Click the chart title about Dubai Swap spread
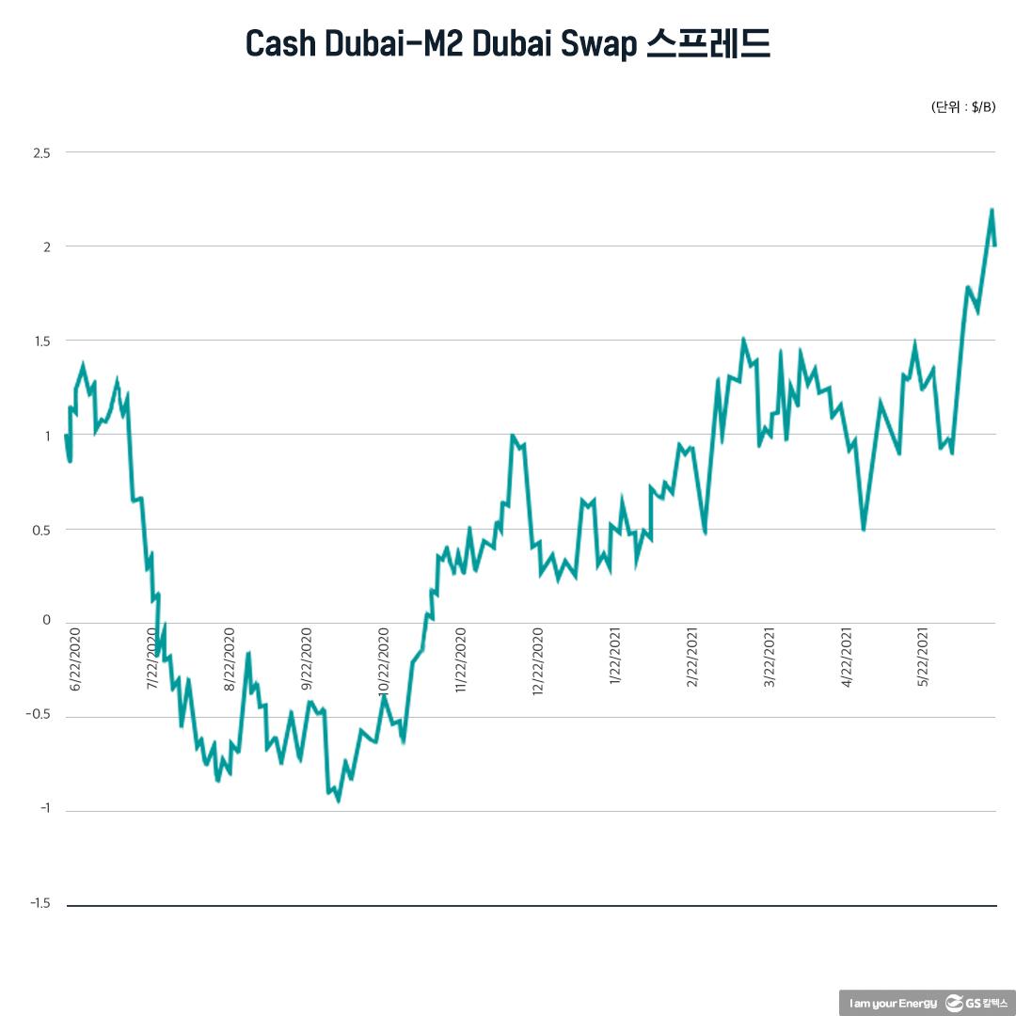click(508, 43)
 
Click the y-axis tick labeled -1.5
click(40, 904)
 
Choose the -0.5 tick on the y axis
click(39, 717)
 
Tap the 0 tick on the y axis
click(46, 621)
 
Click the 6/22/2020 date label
click(76, 659)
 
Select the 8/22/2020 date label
click(230, 659)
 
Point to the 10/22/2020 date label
click(384, 659)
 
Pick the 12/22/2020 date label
click(539, 659)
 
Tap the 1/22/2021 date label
click(616, 659)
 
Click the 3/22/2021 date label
click(770, 659)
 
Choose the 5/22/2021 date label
click(925, 659)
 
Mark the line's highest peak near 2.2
click(992, 210)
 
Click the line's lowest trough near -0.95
click(338, 801)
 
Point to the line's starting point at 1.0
click(66, 435)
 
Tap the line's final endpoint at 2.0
click(995, 246)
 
